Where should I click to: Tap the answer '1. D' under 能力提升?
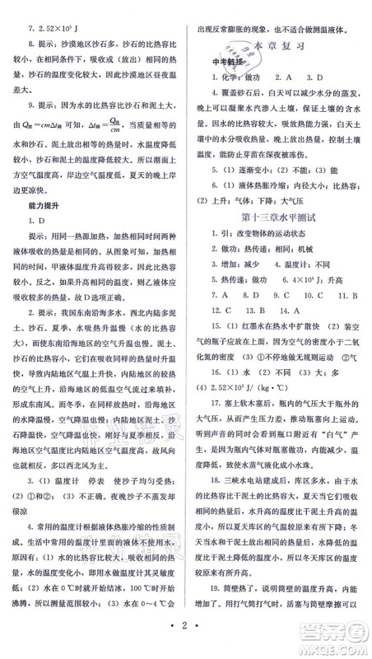click(33, 221)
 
